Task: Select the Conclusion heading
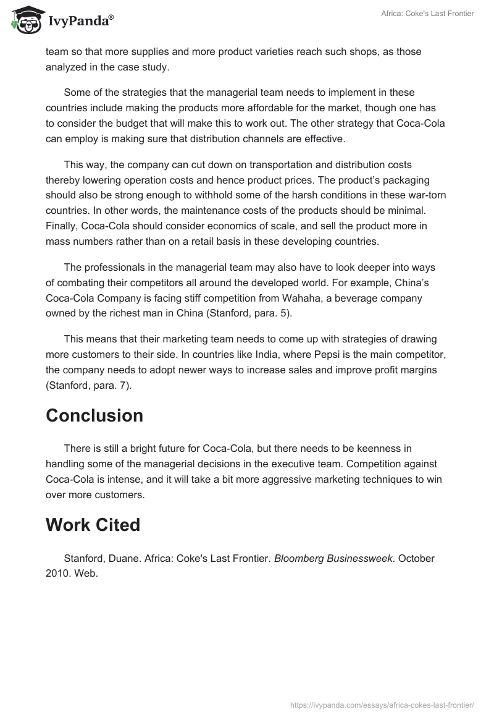point(94,415)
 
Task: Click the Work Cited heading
point(93,525)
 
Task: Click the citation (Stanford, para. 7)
point(89,384)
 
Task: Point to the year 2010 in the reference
point(57,573)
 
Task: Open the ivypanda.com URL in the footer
point(382,703)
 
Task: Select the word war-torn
point(427,195)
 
